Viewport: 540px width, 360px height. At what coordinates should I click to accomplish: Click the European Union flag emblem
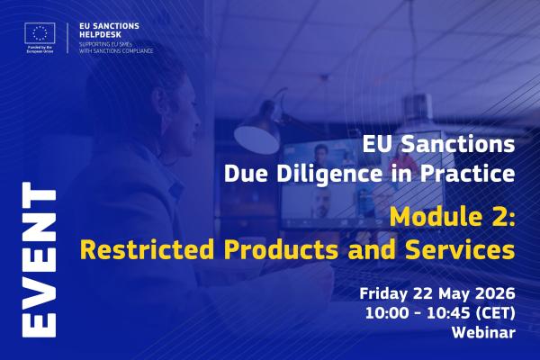coord(40,33)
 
